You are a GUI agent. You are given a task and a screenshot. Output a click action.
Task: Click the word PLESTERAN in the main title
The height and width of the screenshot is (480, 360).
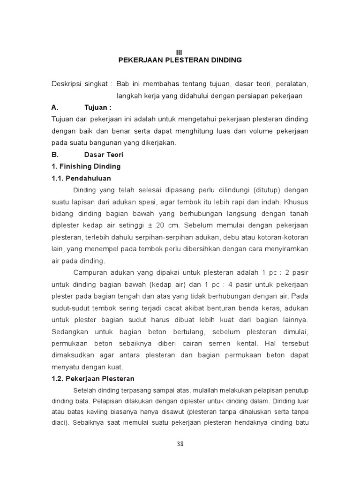[x=175, y=60]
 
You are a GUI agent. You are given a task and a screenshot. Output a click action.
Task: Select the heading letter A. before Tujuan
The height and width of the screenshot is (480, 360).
[x=55, y=107]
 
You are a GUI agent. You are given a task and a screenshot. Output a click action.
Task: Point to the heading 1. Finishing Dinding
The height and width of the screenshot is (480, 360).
[x=86, y=166]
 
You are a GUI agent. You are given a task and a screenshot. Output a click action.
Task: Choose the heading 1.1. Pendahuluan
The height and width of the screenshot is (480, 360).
[x=81, y=178]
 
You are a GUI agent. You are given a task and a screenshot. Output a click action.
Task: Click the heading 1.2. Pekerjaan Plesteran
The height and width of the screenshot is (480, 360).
[x=93, y=378]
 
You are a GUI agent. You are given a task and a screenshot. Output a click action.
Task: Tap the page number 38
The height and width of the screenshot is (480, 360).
[x=180, y=445]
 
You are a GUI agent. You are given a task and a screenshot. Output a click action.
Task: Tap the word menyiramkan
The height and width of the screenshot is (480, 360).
[x=286, y=248]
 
